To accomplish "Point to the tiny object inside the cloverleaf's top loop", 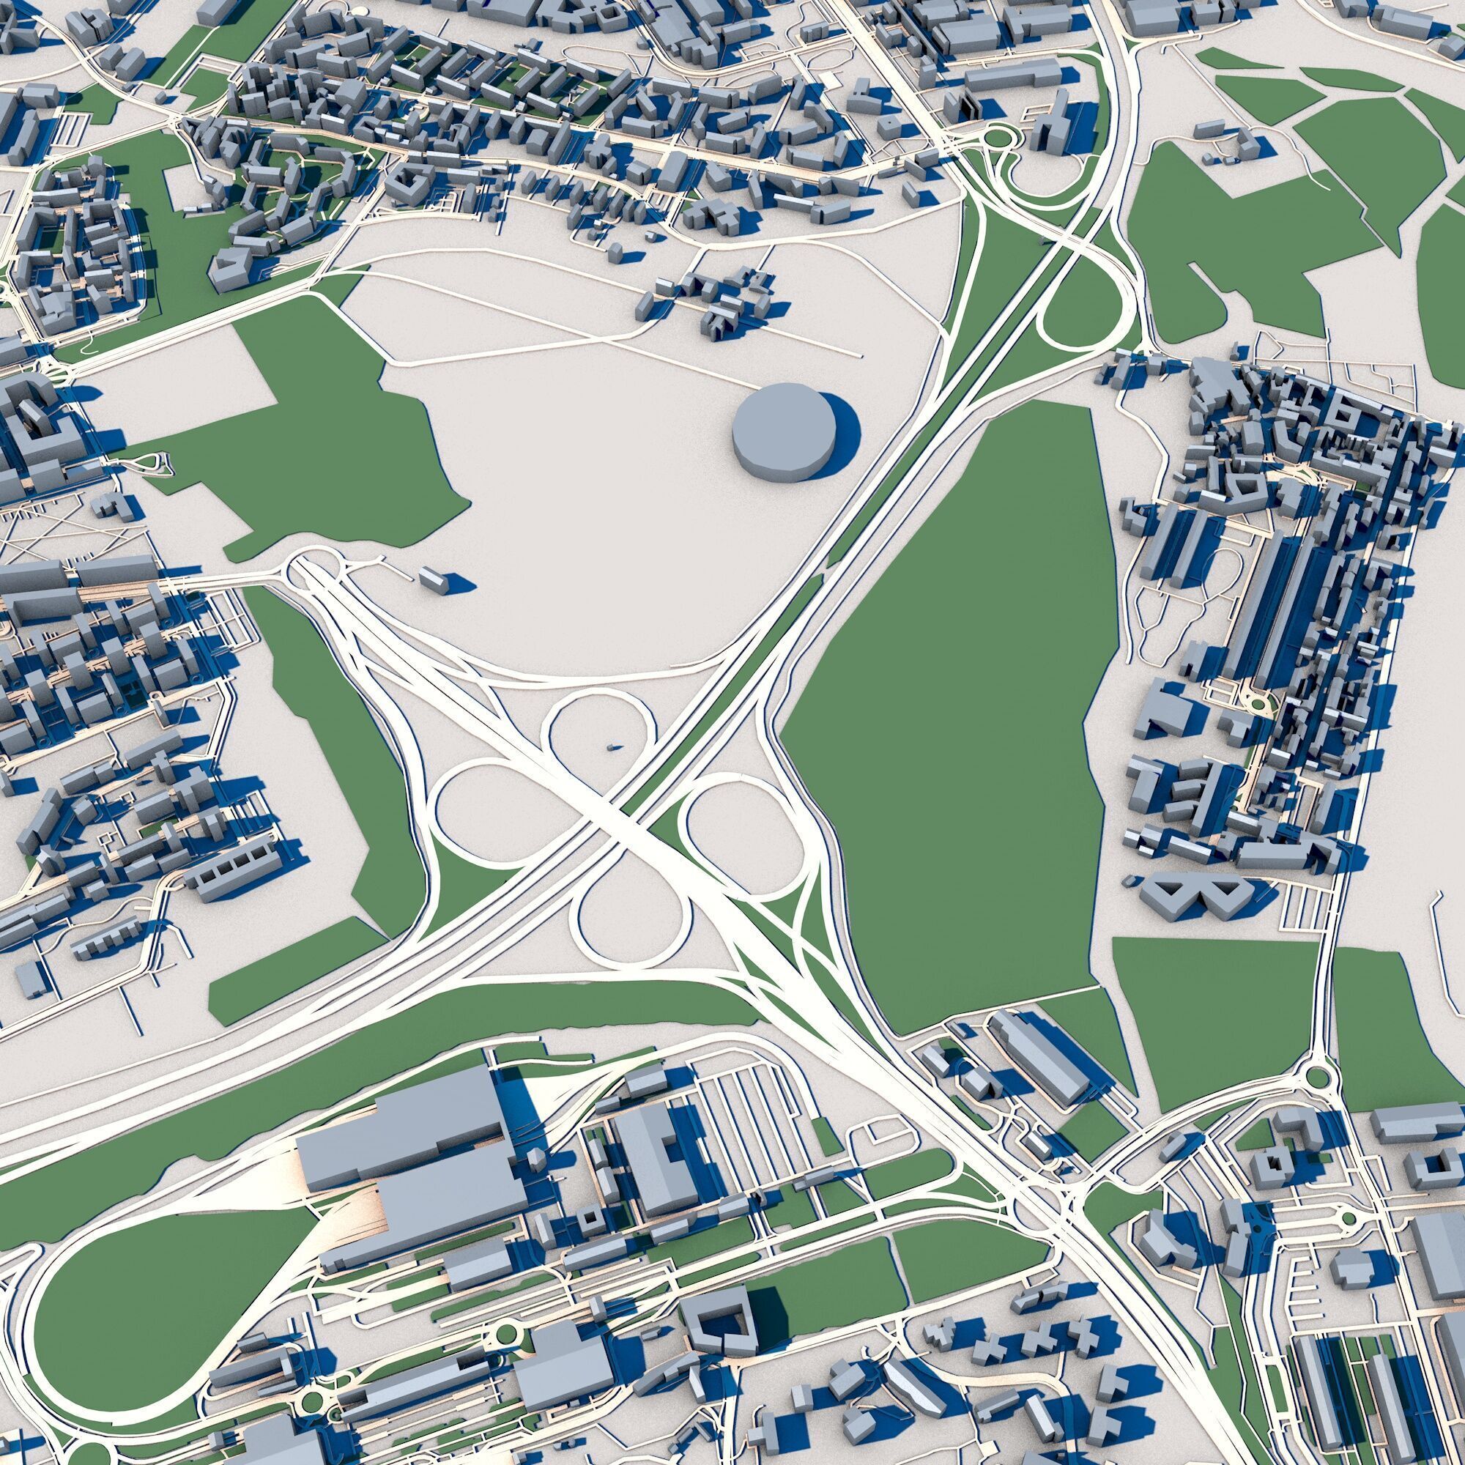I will click(x=612, y=747).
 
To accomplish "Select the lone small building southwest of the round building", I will click(x=434, y=578).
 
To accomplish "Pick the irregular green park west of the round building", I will click(x=333, y=439).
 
